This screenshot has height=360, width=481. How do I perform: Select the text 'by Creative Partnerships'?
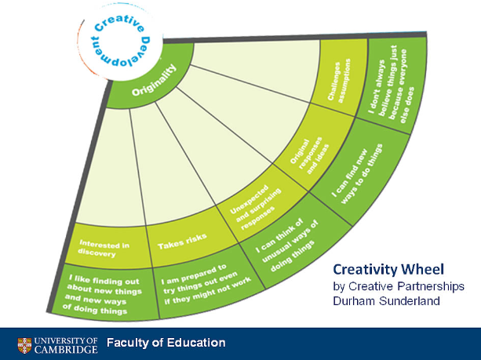pyautogui.click(x=395, y=283)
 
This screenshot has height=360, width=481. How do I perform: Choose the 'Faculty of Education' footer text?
pyautogui.click(x=166, y=343)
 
